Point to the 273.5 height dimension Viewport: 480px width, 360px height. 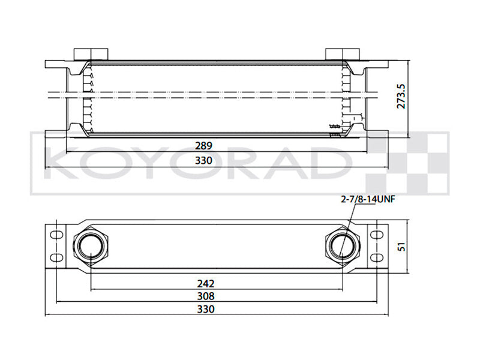pyautogui.click(x=403, y=95)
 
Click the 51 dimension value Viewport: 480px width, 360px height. pyautogui.click(x=403, y=245)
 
